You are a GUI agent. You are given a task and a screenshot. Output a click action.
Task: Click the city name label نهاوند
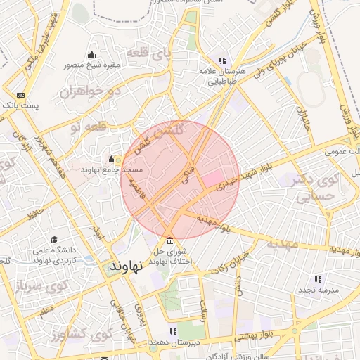127,266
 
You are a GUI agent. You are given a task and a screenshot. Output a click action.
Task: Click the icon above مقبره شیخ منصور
91,55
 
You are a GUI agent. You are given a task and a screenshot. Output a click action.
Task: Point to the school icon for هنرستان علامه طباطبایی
223,61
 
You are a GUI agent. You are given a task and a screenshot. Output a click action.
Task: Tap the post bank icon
20,95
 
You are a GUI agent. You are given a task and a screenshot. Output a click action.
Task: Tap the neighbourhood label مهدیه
282,243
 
